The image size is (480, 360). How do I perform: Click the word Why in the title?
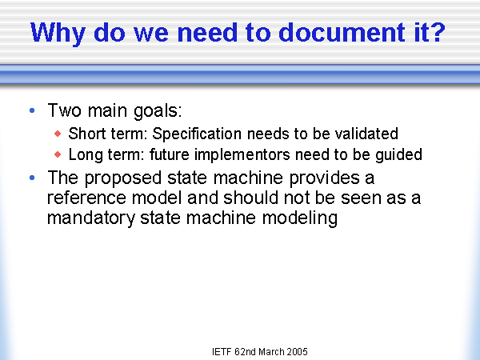(x=58, y=34)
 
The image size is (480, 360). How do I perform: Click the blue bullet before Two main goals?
(x=32, y=110)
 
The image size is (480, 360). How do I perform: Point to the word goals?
(x=158, y=111)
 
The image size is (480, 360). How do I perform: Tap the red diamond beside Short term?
(x=58, y=134)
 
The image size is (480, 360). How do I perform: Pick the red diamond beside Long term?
(x=58, y=154)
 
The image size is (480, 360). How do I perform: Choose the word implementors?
(x=242, y=154)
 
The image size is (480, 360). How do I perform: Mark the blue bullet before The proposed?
(x=32, y=178)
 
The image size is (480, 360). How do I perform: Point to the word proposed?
(x=122, y=178)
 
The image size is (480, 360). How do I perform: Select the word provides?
(x=325, y=178)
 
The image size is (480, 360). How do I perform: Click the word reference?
(x=86, y=198)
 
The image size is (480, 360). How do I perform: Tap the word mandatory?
(x=91, y=218)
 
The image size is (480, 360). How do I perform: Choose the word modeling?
(x=300, y=218)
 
